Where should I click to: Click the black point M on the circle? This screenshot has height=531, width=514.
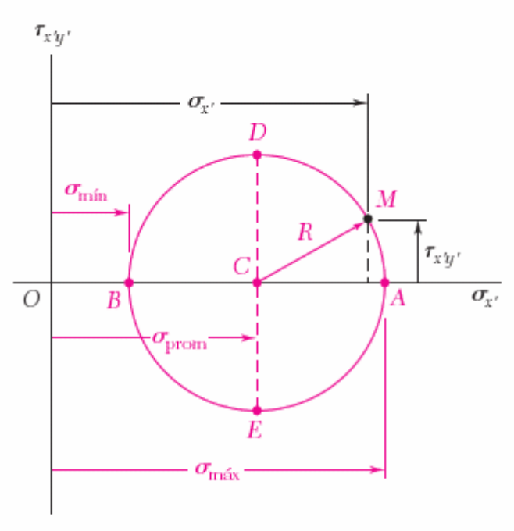click(368, 219)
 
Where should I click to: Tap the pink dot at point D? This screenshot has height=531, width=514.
click(257, 155)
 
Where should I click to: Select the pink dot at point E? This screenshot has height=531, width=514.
click(257, 411)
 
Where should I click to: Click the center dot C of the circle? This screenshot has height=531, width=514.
click(257, 283)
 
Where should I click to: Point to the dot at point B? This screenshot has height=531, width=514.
click(129, 283)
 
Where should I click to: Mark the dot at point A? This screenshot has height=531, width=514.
click(385, 283)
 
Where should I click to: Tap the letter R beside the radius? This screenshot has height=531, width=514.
click(305, 232)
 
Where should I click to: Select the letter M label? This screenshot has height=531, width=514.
click(387, 200)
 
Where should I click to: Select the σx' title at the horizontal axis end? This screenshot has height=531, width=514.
click(485, 297)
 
